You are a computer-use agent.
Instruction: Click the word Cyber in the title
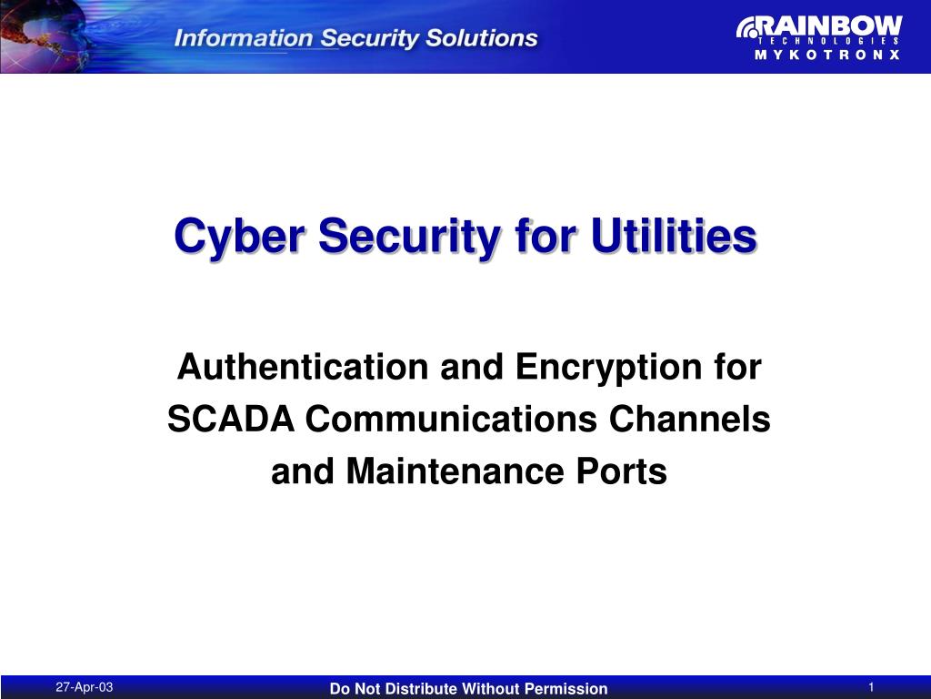(x=240, y=236)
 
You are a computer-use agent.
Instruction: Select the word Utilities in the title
(x=674, y=236)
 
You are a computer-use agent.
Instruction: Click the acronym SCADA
(x=231, y=419)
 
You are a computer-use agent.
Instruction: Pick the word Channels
(x=689, y=419)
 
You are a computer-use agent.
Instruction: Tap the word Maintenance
(x=455, y=471)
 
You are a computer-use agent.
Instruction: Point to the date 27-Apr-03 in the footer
(x=85, y=687)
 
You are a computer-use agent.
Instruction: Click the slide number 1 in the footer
(x=871, y=687)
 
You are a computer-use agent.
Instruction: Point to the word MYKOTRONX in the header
(x=827, y=55)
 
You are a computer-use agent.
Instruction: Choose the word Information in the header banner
(x=244, y=38)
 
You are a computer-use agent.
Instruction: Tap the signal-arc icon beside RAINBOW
(x=746, y=28)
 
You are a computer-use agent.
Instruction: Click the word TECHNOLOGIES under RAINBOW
(x=828, y=41)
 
